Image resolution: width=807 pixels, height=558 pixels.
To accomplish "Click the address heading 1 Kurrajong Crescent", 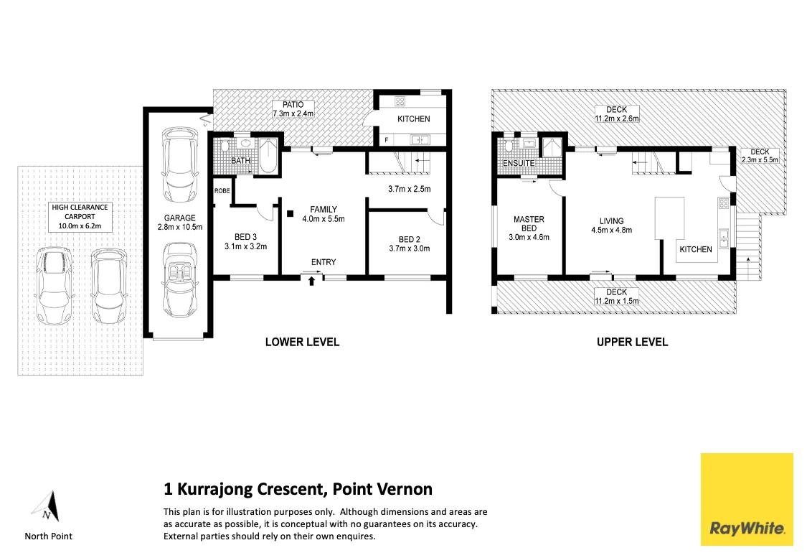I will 298,490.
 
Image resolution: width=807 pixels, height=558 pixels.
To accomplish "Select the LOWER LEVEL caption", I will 302,342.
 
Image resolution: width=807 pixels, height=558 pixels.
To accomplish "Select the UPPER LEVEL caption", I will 632,342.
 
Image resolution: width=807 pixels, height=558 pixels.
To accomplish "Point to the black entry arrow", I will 311,281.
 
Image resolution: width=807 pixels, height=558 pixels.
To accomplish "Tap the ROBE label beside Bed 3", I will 222,191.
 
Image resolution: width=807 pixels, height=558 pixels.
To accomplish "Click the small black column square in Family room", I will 290,213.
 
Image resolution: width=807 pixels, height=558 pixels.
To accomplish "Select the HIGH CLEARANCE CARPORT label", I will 80,216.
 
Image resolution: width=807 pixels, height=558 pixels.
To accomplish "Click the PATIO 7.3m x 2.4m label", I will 293,109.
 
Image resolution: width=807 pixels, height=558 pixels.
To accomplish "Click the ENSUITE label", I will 518,164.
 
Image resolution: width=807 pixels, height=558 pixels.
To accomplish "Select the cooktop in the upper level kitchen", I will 724,203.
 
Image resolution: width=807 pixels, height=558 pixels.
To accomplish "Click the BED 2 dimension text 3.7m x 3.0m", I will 409,249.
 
